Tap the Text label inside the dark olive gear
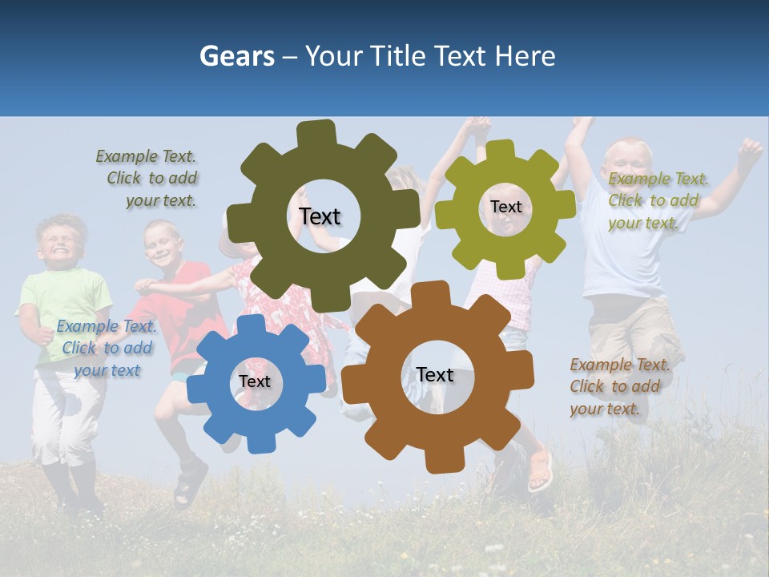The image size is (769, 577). click(x=320, y=216)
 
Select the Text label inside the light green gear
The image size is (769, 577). click(x=505, y=207)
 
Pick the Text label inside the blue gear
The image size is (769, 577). click(x=254, y=381)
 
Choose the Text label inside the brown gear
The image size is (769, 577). click(x=435, y=374)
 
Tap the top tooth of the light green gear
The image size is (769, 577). click(x=500, y=151)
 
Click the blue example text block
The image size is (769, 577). click(x=107, y=349)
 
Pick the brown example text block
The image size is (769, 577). click(x=618, y=386)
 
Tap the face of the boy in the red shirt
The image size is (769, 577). click(x=162, y=245)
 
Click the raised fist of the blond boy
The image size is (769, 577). click(x=749, y=149)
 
